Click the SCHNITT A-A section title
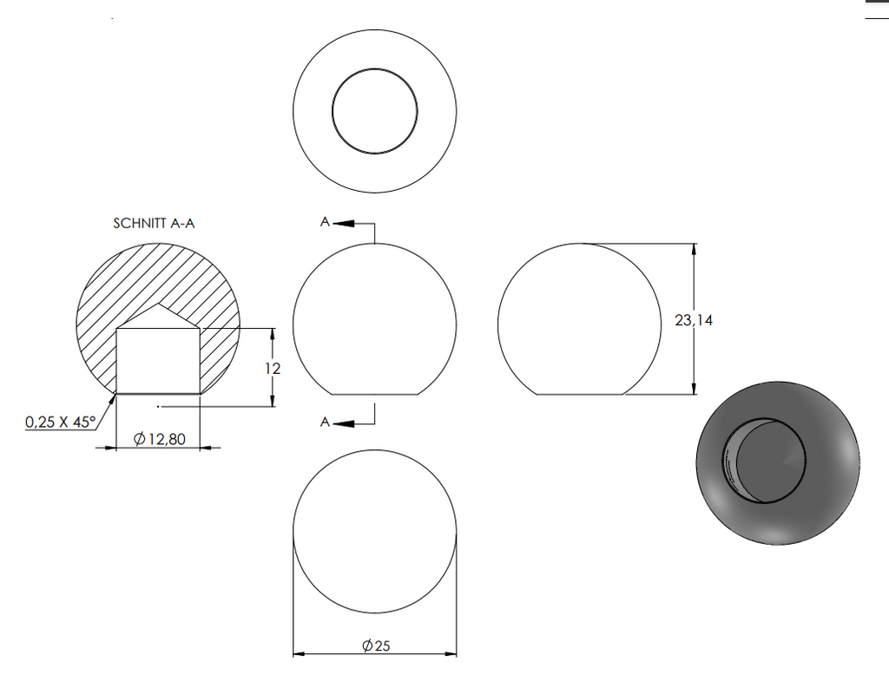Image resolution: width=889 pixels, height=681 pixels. (x=154, y=223)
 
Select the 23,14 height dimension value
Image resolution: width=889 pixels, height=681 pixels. (x=694, y=320)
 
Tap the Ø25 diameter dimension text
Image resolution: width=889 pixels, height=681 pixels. (x=376, y=645)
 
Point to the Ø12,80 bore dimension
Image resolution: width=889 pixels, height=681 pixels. (x=159, y=438)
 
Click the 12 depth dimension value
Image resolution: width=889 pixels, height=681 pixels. (x=273, y=369)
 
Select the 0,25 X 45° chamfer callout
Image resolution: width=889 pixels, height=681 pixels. (x=61, y=422)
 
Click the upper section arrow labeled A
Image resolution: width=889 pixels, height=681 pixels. (x=344, y=223)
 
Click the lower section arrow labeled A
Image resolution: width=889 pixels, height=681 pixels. (x=344, y=423)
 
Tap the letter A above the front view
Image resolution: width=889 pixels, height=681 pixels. (x=325, y=221)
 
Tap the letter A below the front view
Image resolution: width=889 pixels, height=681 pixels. (x=325, y=422)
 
